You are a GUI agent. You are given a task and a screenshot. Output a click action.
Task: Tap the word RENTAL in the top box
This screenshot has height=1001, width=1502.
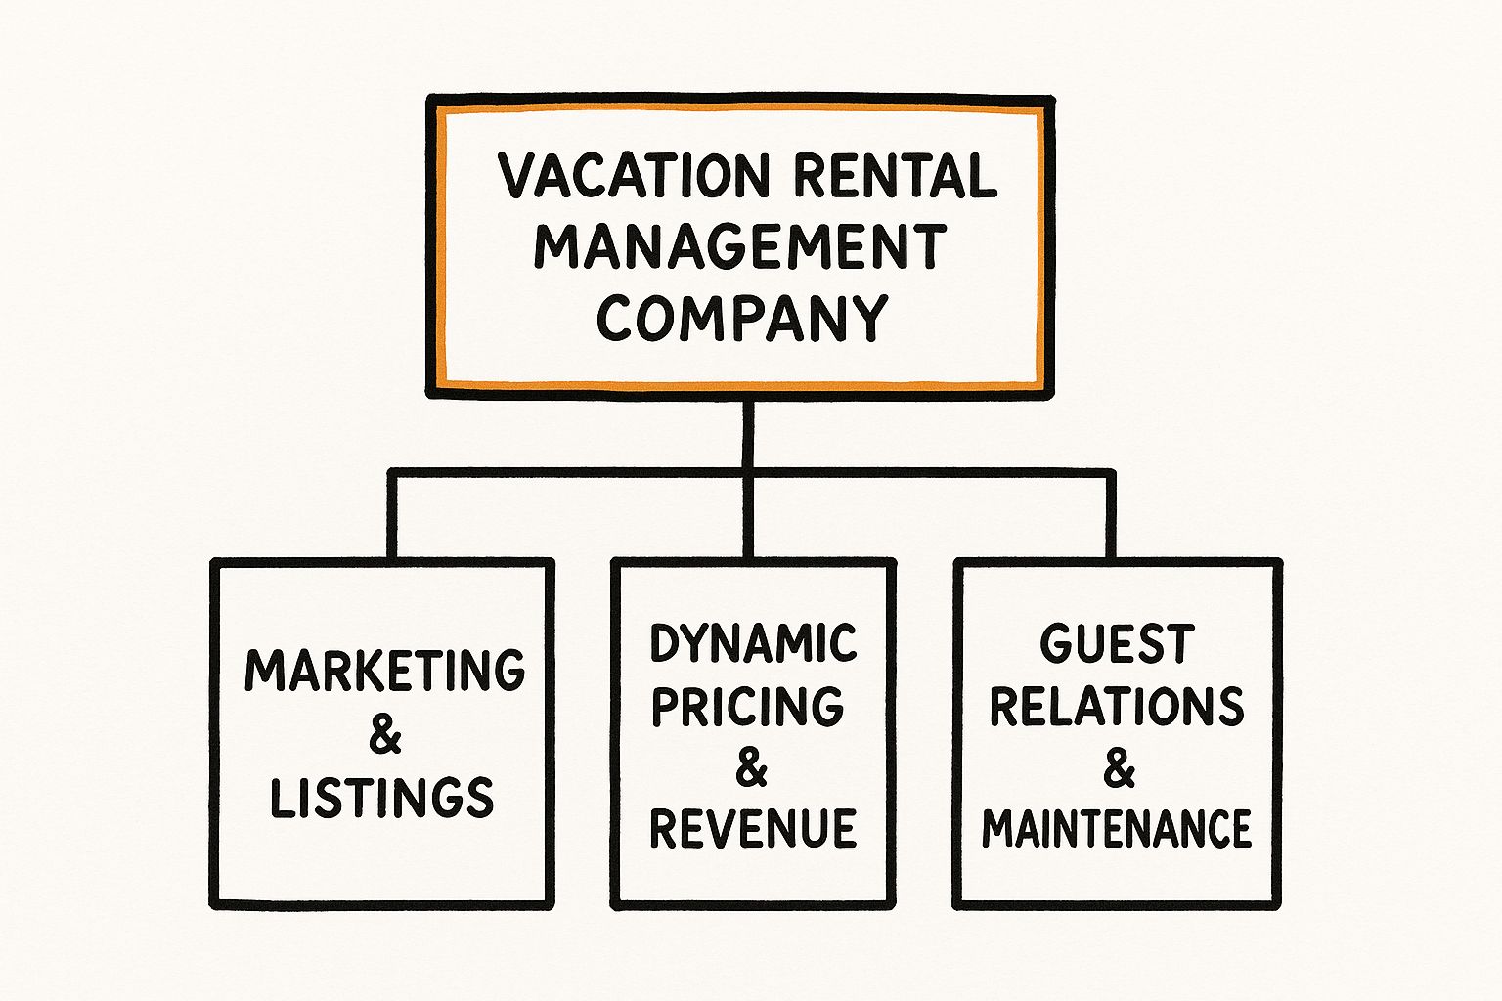click(895, 176)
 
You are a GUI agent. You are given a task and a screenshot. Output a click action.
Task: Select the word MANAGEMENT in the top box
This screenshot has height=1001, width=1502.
click(740, 246)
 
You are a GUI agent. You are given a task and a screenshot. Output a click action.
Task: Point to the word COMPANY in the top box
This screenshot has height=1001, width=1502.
click(741, 318)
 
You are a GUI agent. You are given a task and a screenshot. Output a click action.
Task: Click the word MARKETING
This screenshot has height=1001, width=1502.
click(384, 671)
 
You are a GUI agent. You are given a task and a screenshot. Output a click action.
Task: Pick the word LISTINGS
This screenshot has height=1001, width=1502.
click(382, 798)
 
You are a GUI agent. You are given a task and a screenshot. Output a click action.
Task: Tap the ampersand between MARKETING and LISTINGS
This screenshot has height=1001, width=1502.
click(385, 734)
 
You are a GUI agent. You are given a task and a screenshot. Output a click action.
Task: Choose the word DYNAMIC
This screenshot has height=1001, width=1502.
click(753, 643)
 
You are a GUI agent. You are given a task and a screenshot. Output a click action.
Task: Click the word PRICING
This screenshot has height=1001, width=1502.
click(748, 706)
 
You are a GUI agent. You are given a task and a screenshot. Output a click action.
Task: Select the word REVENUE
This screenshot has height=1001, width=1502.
click(753, 829)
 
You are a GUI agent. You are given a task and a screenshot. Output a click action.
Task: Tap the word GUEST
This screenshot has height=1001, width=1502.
click(1117, 644)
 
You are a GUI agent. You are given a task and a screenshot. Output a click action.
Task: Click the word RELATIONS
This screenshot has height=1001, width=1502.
click(1117, 706)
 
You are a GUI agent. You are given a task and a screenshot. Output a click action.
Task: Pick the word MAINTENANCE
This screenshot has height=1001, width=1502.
click(1117, 829)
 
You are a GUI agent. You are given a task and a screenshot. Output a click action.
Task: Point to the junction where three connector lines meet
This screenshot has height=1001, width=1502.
click(748, 474)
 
